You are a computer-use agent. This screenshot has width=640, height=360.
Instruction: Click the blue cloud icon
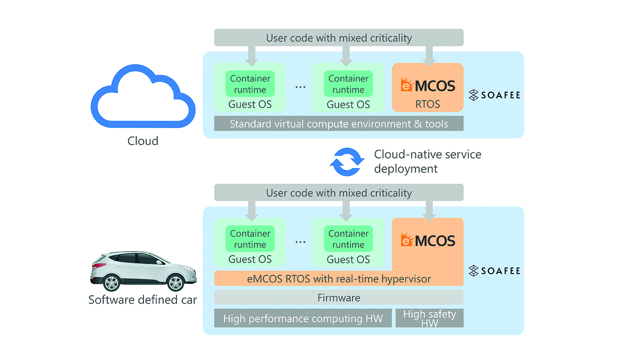click(142, 98)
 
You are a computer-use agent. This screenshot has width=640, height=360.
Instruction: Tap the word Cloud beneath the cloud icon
click(142, 141)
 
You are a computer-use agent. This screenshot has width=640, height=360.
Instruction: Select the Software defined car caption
click(142, 300)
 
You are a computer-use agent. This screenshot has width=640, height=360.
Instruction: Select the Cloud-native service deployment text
click(427, 161)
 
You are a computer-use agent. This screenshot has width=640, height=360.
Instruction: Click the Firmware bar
click(338, 297)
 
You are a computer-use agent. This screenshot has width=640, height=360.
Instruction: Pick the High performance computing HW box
click(302, 318)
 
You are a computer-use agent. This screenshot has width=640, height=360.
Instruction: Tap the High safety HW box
click(429, 318)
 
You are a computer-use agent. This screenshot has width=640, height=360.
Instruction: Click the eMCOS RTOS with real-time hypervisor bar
click(338, 279)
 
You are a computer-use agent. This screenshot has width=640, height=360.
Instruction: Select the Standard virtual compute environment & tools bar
click(338, 123)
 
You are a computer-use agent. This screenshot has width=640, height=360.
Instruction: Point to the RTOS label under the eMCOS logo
click(427, 104)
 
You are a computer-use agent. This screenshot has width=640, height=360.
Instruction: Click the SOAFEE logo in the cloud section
click(494, 95)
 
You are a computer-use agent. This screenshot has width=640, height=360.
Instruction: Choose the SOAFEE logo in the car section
click(494, 271)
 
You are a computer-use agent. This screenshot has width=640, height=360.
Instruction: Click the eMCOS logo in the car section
click(427, 240)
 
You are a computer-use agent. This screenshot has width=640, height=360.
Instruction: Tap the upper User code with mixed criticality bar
click(338, 37)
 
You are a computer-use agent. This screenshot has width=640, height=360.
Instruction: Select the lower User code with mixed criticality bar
click(338, 192)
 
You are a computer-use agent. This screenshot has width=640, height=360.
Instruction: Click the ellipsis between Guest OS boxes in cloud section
click(300, 86)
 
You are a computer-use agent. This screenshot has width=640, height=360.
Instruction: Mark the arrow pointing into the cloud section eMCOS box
click(427, 55)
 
